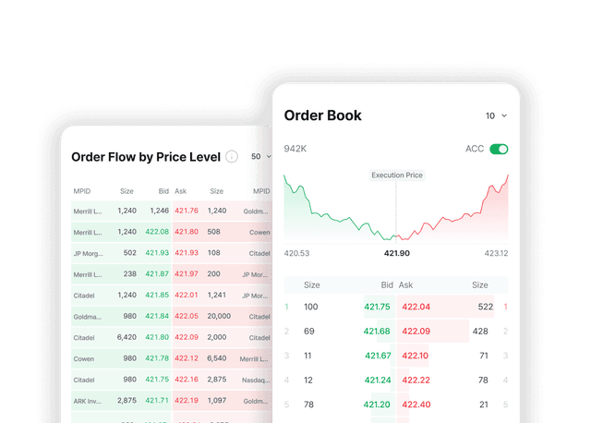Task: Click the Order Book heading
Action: click(322, 115)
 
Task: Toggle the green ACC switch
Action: click(499, 149)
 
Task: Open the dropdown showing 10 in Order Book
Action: click(496, 116)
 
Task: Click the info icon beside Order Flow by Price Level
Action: click(232, 157)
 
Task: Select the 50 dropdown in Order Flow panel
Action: click(260, 157)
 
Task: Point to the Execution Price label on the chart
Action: click(397, 175)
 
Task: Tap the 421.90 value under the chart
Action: click(397, 253)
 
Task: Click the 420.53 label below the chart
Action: click(296, 253)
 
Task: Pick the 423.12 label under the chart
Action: click(496, 253)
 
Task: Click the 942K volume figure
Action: click(295, 149)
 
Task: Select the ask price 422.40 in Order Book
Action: click(416, 404)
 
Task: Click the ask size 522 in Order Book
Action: click(485, 307)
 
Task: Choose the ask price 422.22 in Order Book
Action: click(416, 380)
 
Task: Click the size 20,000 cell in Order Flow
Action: click(220, 316)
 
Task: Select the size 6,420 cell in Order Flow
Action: click(126, 337)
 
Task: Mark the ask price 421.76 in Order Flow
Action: click(187, 211)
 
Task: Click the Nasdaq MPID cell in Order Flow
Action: click(256, 380)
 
